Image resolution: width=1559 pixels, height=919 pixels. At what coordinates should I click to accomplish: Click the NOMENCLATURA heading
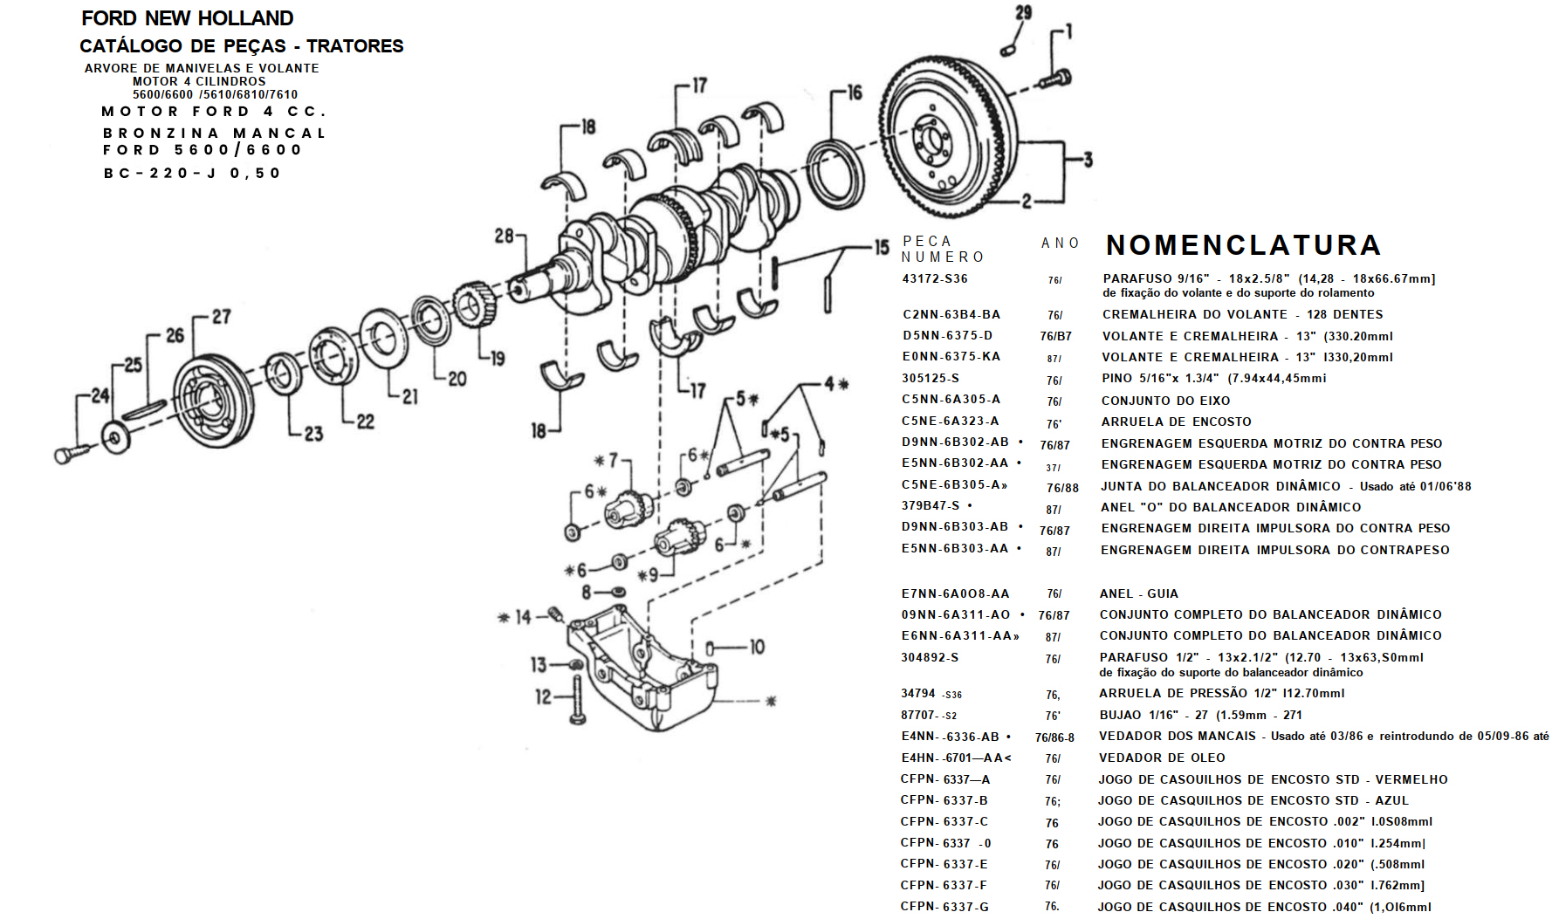tap(1243, 245)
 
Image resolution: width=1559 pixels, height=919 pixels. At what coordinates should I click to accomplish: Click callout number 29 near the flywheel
tap(1023, 12)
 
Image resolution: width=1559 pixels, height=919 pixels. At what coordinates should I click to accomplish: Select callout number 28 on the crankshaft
tap(504, 236)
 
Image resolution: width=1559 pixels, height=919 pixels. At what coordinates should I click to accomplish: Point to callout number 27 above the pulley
tap(222, 317)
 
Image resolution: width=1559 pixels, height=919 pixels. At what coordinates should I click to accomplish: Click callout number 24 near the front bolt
tap(100, 396)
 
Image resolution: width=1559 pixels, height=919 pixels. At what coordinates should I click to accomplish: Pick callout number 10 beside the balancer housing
tap(757, 647)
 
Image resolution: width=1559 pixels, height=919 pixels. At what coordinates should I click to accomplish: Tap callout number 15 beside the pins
tap(882, 247)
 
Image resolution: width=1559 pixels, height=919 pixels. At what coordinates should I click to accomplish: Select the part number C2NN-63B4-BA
tap(951, 314)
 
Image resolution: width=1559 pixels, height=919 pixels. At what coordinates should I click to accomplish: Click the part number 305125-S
tap(931, 378)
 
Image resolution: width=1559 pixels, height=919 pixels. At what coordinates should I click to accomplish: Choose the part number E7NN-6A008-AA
tap(955, 593)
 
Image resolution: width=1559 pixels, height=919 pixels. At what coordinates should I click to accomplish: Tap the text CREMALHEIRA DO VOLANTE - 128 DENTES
tap(1242, 314)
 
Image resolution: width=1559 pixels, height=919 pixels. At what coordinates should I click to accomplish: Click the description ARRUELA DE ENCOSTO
tap(1176, 422)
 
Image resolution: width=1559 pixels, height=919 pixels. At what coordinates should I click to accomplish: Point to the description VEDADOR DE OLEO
tap(1161, 758)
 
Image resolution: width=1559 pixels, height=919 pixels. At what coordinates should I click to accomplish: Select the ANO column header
tap(1060, 243)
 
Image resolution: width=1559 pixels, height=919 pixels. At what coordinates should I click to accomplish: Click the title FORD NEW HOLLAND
tap(187, 18)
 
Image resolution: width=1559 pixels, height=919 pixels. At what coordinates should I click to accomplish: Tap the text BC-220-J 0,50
tap(192, 173)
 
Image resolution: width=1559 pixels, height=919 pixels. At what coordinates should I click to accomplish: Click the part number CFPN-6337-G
tap(944, 907)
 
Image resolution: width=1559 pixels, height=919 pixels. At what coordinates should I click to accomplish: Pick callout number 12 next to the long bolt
tap(543, 696)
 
